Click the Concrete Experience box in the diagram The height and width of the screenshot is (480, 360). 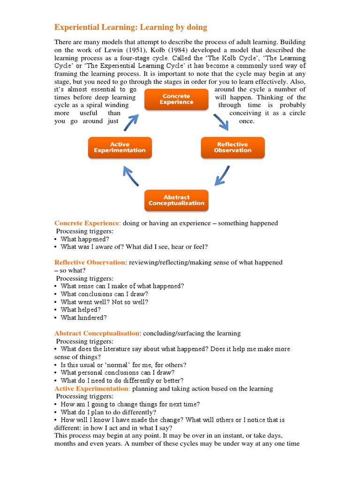coord(176,99)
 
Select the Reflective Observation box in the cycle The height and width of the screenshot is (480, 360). coord(232,148)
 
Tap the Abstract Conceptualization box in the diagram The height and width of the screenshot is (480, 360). coord(176,201)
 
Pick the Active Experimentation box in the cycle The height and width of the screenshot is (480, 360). coord(120,148)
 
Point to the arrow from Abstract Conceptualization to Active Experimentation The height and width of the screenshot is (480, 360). coord(131,177)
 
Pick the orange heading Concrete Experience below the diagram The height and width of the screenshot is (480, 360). coord(87,223)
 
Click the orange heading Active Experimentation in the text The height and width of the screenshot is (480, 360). coord(92,389)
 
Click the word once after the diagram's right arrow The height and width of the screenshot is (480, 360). coord(247,121)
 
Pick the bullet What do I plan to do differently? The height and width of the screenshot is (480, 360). coord(108,412)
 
